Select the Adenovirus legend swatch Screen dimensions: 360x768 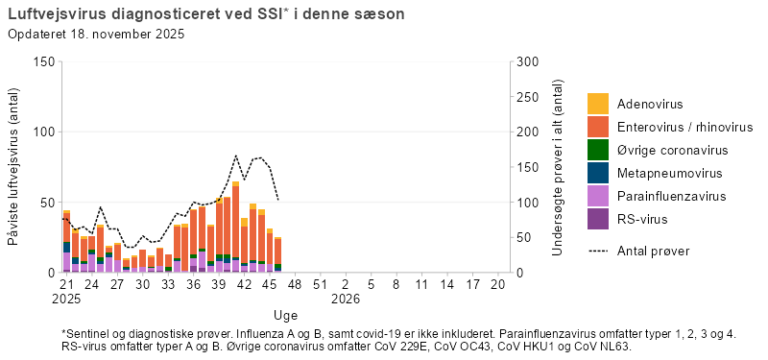coord(598,104)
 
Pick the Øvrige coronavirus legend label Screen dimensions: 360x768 coord(672,150)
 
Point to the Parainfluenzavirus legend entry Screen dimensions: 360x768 coord(669,196)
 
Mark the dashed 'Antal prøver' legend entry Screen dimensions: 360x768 coord(653,251)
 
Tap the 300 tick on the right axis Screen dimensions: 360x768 coord(527,61)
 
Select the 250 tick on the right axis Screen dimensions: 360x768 coord(527,97)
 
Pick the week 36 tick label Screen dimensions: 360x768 coord(193,285)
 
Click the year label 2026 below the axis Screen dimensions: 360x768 coord(346,299)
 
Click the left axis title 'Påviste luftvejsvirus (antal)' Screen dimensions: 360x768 coord(14,167)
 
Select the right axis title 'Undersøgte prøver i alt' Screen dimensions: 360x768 coord(558,167)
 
